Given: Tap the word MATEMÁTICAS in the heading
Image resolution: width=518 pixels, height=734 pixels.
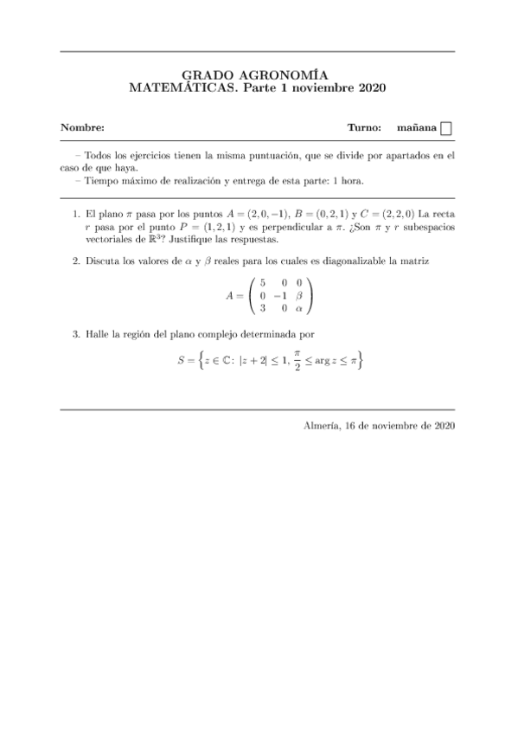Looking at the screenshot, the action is [x=181, y=88].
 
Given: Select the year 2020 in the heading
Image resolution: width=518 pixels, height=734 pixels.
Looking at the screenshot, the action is [x=368, y=88].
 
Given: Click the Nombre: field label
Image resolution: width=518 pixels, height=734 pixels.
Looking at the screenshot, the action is [x=82, y=128].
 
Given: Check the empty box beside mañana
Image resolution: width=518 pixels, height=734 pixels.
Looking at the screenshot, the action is [x=446, y=129].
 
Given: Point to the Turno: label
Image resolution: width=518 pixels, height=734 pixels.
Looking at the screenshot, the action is [x=364, y=128].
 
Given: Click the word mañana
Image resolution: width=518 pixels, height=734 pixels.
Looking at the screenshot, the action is [x=416, y=128].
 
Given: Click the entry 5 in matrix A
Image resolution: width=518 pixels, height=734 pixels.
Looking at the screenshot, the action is [x=262, y=282].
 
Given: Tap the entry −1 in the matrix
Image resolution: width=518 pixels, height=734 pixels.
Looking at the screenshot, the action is [x=279, y=294].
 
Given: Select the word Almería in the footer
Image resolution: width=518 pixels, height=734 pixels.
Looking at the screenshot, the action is [x=323, y=426].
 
